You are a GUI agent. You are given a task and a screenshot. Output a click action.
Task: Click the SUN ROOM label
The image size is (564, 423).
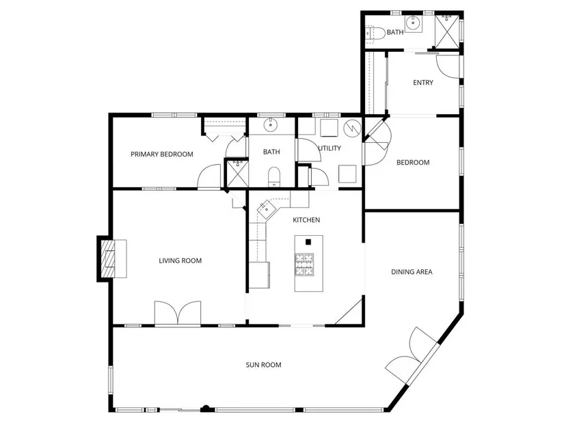263,365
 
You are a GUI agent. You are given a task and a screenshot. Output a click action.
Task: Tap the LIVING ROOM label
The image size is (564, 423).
180,260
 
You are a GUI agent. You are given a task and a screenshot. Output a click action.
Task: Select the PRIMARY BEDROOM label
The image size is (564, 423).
162,154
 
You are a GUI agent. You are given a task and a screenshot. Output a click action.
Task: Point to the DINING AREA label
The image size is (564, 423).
412,271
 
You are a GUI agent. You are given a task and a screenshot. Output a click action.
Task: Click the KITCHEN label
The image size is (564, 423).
306,220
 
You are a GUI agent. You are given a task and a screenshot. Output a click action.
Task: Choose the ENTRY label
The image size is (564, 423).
423,83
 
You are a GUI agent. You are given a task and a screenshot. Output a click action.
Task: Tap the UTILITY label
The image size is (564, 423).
330,148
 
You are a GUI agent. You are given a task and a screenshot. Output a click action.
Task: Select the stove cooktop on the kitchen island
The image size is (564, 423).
304,264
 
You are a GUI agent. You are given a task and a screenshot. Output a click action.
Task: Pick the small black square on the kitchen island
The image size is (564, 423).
308,242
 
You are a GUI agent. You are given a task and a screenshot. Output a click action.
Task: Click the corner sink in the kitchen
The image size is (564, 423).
266,208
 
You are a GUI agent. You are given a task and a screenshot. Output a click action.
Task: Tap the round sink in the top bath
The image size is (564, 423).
412,24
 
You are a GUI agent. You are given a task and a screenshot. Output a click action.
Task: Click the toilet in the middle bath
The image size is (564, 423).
274,176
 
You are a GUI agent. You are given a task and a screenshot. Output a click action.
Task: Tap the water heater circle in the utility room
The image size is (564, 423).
352,127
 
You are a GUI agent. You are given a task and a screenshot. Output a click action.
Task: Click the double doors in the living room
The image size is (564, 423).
178,313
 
